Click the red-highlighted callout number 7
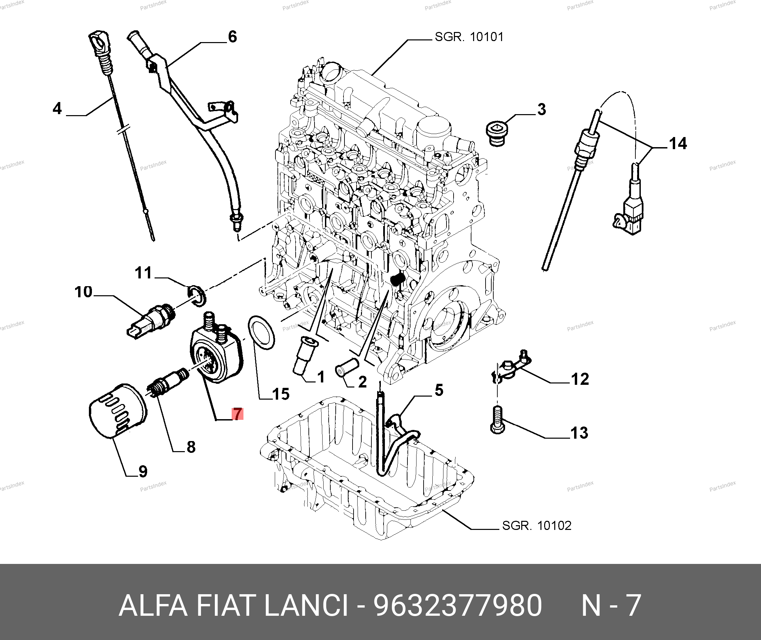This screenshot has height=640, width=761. point(237,414)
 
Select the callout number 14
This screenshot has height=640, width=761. point(677,144)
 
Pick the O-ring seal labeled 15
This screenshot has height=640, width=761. point(261,332)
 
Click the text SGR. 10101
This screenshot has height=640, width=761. point(469,37)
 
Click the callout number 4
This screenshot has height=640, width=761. point(57,108)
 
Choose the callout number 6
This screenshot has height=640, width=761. point(232,37)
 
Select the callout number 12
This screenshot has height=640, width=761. point(580,379)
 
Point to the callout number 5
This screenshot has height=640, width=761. point(439,390)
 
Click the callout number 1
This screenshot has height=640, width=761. point(321,377)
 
